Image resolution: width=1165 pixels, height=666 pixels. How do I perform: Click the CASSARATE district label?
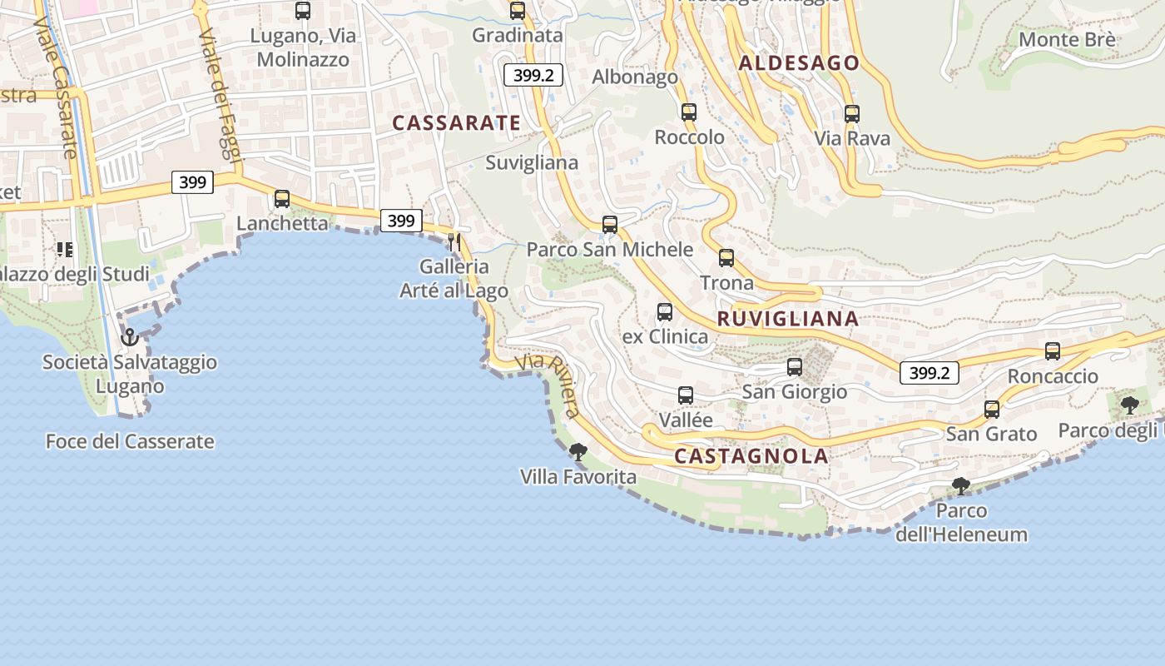pos(456,123)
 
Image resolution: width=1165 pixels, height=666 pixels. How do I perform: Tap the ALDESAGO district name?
pos(799,63)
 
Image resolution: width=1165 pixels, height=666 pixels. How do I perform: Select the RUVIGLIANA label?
pos(787,319)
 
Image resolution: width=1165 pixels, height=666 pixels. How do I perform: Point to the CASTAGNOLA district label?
pos(751,456)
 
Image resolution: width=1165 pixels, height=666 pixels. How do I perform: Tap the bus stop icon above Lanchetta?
pos(282,199)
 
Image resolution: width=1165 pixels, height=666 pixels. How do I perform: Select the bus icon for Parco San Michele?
pos(610,225)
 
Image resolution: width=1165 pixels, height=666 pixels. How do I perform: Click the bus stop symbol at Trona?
pos(726,258)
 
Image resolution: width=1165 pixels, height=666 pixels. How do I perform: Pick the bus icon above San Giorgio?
pos(795,367)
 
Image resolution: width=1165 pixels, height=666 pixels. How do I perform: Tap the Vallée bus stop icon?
pos(686,395)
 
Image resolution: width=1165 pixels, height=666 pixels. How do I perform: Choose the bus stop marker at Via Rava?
pos(851,114)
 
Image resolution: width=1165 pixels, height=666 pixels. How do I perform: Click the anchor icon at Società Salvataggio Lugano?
pos(129,337)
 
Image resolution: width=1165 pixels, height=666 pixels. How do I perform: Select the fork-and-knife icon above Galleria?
pos(454,242)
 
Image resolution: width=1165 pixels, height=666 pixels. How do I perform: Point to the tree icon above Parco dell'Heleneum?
pos(961,485)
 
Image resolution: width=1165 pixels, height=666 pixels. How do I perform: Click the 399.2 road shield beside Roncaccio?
pos(929,373)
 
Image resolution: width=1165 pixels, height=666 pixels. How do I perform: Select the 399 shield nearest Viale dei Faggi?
pos(192,182)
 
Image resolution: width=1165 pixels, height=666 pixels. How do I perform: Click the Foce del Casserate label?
pos(130,442)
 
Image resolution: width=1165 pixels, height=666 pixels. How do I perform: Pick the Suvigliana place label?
pos(532,163)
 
